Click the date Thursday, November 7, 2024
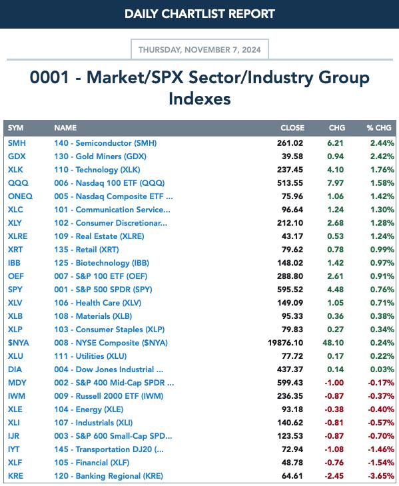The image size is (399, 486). click(200, 49)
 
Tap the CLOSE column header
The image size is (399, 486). click(292, 128)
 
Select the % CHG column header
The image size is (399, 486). click(379, 128)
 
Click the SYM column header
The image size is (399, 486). click(15, 128)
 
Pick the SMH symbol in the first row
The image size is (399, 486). click(17, 143)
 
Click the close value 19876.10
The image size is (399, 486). click(286, 343)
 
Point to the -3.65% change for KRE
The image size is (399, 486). click(381, 476)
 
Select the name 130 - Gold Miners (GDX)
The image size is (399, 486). click(100, 156)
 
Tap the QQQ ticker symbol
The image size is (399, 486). click(18, 183)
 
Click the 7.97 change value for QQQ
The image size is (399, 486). click(336, 183)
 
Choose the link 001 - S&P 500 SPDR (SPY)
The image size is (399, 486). click(103, 290)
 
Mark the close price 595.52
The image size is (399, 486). click(290, 290)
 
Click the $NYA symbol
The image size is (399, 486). click(18, 343)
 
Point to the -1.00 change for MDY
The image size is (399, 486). click(334, 383)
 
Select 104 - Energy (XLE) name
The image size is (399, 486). click(89, 409)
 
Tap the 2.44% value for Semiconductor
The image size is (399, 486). click(382, 143)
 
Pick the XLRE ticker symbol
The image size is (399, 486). click(18, 236)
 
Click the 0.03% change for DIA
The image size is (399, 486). click(382, 369)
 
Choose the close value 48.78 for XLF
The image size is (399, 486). click(292, 463)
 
